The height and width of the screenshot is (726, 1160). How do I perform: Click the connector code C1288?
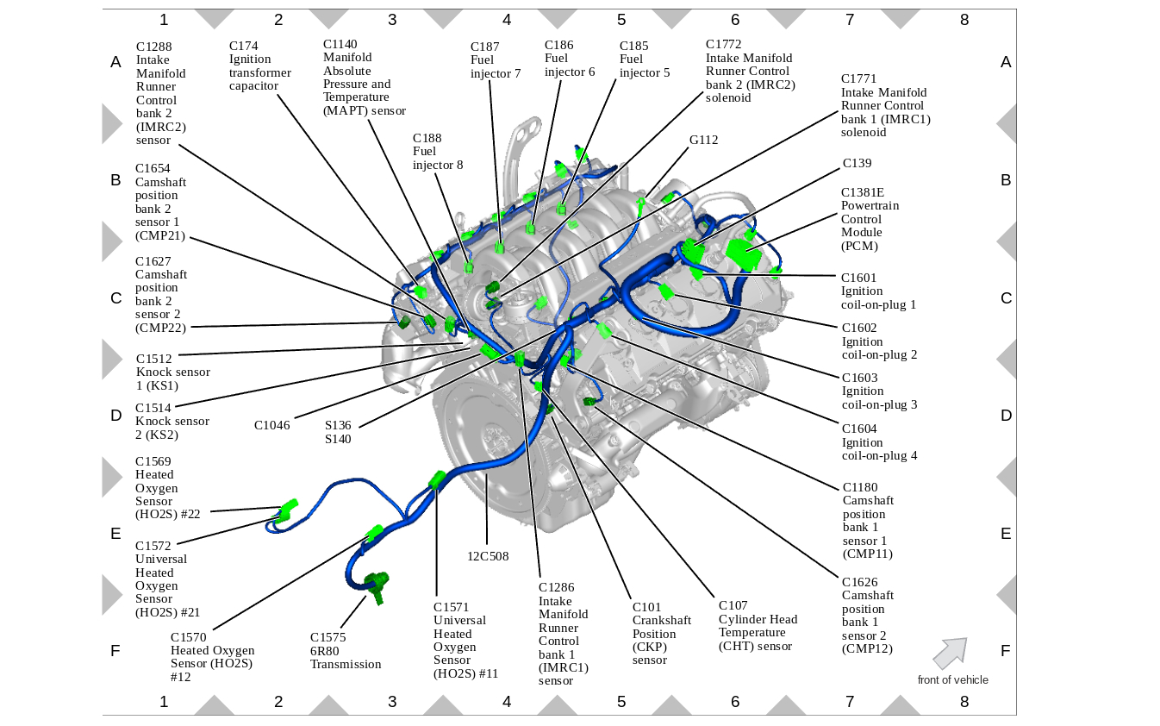click(153, 47)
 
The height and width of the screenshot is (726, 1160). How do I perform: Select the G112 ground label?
click(703, 140)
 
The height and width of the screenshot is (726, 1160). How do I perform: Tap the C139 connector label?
click(857, 163)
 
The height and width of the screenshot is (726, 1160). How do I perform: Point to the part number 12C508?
click(488, 556)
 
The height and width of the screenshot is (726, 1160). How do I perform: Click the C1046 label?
click(271, 425)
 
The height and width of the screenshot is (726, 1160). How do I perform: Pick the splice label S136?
click(338, 425)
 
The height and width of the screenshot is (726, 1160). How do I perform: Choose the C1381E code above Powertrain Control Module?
click(863, 192)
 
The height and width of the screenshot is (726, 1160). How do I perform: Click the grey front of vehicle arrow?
click(950, 653)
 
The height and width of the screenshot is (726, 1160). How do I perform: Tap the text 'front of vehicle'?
click(952, 680)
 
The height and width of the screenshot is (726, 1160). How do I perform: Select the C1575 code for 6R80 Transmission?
click(327, 637)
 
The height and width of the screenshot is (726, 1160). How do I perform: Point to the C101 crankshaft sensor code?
click(646, 606)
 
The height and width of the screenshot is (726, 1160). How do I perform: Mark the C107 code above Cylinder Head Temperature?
click(733, 605)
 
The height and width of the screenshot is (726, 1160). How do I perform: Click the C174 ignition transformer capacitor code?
click(244, 46)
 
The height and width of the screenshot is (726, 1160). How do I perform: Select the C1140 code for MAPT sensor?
click(340, 44)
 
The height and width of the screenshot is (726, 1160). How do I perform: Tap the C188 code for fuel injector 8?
click(427, 138)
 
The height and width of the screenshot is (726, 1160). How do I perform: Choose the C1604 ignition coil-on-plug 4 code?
click(859, 429)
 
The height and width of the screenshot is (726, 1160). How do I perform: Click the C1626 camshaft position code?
click(860, 582)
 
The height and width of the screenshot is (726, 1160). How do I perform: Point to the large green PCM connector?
click(741, 253)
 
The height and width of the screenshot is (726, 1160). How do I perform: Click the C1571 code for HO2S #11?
click(451, 606)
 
